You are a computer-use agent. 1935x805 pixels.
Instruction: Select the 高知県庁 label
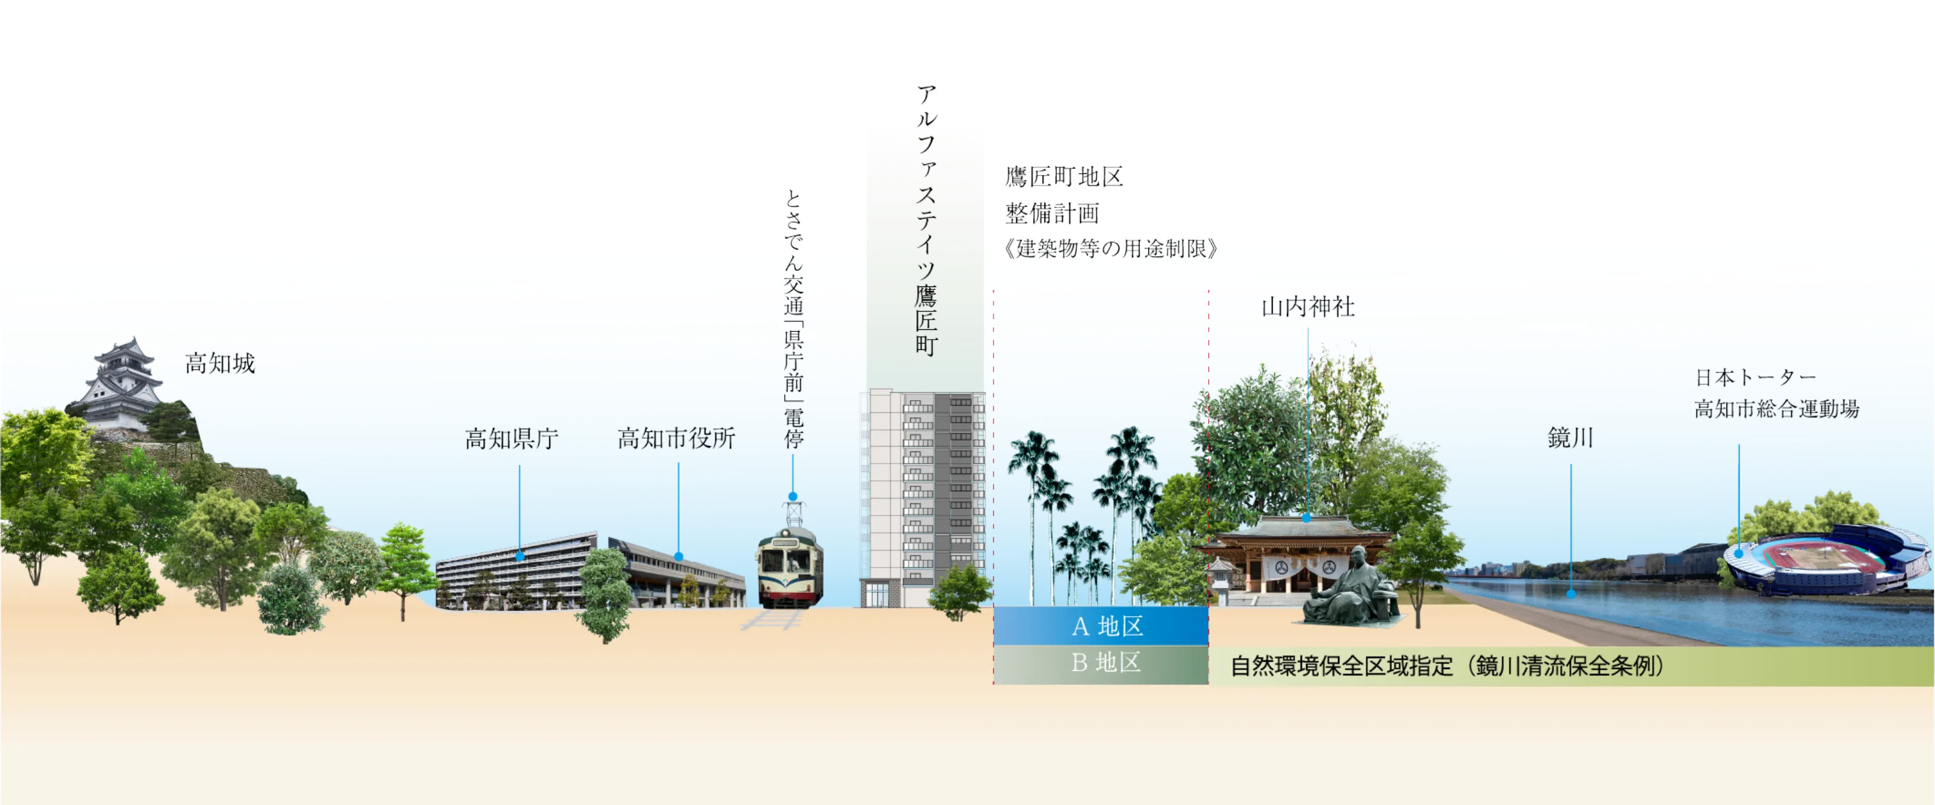pos(512,439)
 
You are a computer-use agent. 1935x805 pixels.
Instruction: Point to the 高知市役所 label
pos(676,439)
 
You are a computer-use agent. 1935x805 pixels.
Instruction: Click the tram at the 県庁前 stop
pos(790,567)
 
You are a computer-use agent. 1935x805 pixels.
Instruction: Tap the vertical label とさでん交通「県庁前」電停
pos(793,319)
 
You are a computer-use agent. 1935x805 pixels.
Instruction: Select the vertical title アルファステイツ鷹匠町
pos(926,219)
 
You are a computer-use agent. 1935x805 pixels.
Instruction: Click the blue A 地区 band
pos(1101,626)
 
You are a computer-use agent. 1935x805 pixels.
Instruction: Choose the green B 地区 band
pos(1101,664)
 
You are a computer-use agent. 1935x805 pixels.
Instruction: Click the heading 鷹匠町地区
pos(1064,177)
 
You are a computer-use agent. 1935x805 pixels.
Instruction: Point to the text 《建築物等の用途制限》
pos(1110,248)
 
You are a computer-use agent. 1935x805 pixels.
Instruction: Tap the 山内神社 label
pos(1308,307)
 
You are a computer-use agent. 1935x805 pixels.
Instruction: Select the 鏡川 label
pos(1570,438)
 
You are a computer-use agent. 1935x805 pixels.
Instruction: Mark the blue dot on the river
pos(1571,594)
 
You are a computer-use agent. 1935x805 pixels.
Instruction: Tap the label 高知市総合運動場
pos(1777,409)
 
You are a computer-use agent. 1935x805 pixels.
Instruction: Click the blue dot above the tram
pos(793,496)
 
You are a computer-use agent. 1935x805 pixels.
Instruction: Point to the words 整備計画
pos(1052,213)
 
